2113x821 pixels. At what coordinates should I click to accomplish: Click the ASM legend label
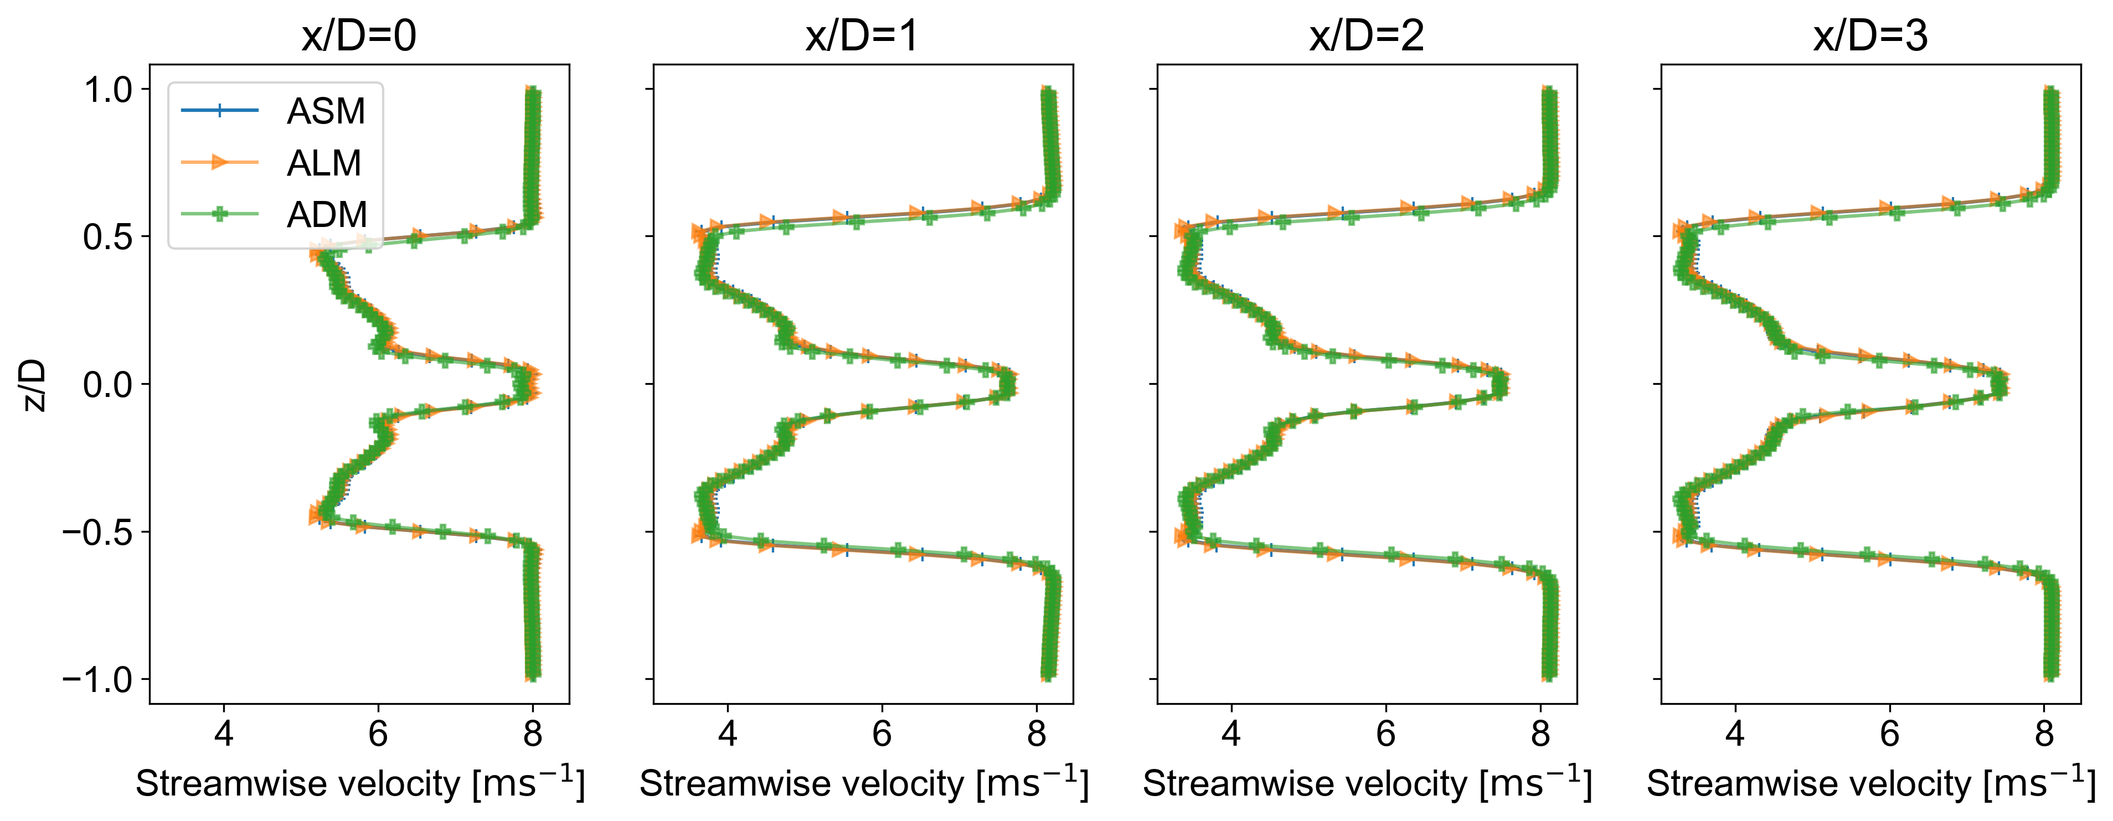tap(326, 111)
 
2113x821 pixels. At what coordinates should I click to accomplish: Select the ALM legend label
tap(324, 163)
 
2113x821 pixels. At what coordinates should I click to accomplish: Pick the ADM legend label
tap(327, 215)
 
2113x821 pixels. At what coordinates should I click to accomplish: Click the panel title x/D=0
tap(358, 35)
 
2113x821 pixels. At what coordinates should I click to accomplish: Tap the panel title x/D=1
tap(862, 35)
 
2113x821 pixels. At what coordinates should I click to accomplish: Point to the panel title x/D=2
tap(1367, 35)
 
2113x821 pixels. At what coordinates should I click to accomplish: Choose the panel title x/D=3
tap(1870, 35)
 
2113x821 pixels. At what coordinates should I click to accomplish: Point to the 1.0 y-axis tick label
tap(109, 89)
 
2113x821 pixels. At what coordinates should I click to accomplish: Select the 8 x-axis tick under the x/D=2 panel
tap(1540, 732)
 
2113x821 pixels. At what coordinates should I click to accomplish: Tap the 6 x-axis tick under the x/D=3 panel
tap(1890, 732)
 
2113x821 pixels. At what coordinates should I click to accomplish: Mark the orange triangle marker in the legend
tap(219, 162)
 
